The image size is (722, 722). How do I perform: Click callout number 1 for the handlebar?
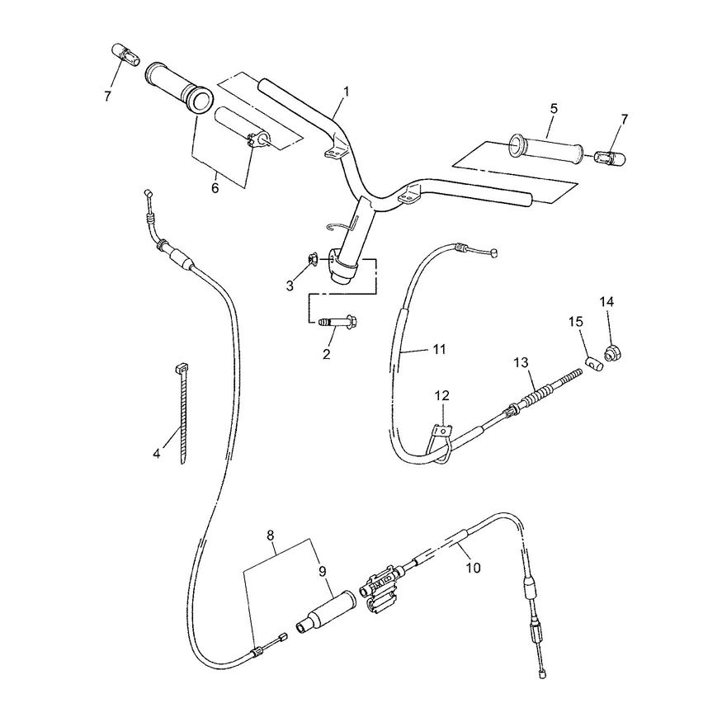tap(346, 92)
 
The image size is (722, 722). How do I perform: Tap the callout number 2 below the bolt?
tap(327, 354)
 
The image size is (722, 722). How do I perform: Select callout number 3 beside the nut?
tap(290, 286)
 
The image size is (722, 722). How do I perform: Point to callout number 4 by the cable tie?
tap(157, 454)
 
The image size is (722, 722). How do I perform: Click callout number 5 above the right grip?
tap(554, 109)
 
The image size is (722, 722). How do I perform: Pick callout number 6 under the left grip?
tap(215, 188)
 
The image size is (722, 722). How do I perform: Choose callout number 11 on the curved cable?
tap(439, 350)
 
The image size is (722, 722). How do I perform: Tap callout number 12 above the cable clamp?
tap(443, 395)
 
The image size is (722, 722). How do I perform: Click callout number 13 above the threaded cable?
tap(521, 363)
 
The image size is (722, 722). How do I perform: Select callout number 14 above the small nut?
tap(606, 302)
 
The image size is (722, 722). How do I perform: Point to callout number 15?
tap(576, 322)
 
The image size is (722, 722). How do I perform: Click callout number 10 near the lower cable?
tap(474, 568)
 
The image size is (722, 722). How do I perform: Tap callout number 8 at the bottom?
tap(271, 535)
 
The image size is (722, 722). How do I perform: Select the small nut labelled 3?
tap(312, 261)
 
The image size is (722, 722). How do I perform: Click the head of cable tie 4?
tap(182, 368)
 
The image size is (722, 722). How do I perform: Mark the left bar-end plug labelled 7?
tap(125, 54)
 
